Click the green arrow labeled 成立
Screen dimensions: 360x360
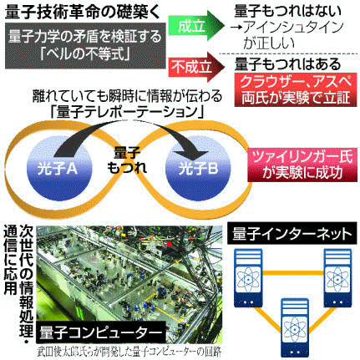196,26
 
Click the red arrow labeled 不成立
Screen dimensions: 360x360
196,67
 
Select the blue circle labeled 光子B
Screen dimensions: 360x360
198,170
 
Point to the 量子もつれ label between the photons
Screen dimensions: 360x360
127,160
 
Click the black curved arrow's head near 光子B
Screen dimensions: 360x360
193,155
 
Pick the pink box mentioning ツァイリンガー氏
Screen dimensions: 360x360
302,165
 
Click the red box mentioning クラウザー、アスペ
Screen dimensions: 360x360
296,89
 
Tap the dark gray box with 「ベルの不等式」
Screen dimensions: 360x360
85,45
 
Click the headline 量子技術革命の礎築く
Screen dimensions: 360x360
83,12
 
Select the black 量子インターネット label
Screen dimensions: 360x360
292,234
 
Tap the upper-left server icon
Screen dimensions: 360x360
248,278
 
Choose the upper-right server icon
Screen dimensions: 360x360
337,278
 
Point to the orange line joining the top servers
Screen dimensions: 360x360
293,272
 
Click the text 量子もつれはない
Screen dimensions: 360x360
288,12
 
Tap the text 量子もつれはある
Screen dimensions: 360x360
288,64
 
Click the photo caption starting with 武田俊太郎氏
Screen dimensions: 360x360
129,352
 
